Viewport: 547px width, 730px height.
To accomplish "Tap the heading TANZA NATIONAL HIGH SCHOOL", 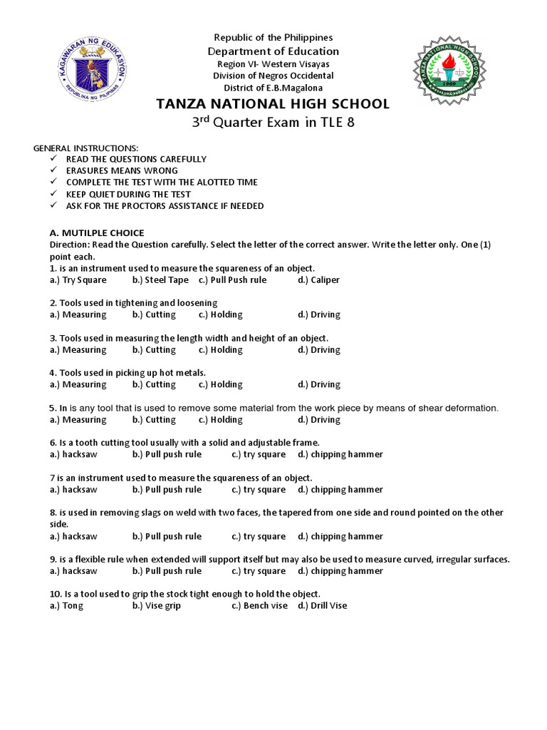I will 273,104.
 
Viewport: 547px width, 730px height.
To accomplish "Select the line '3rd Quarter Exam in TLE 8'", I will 273,122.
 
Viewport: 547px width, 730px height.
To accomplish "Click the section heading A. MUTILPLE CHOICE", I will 97,232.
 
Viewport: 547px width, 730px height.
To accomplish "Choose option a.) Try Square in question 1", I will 78,280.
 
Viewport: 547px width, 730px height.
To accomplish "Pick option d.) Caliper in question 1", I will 319,280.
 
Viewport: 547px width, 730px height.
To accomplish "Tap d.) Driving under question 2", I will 319,314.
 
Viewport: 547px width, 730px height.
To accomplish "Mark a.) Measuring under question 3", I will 78,350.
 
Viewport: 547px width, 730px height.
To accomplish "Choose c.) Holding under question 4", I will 221,384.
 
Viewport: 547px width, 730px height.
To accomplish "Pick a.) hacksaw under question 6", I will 73,454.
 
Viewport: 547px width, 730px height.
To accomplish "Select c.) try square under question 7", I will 259,490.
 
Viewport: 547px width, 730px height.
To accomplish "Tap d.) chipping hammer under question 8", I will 340,536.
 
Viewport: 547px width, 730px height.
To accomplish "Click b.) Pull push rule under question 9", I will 167,571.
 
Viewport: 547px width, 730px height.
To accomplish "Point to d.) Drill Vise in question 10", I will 323,606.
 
